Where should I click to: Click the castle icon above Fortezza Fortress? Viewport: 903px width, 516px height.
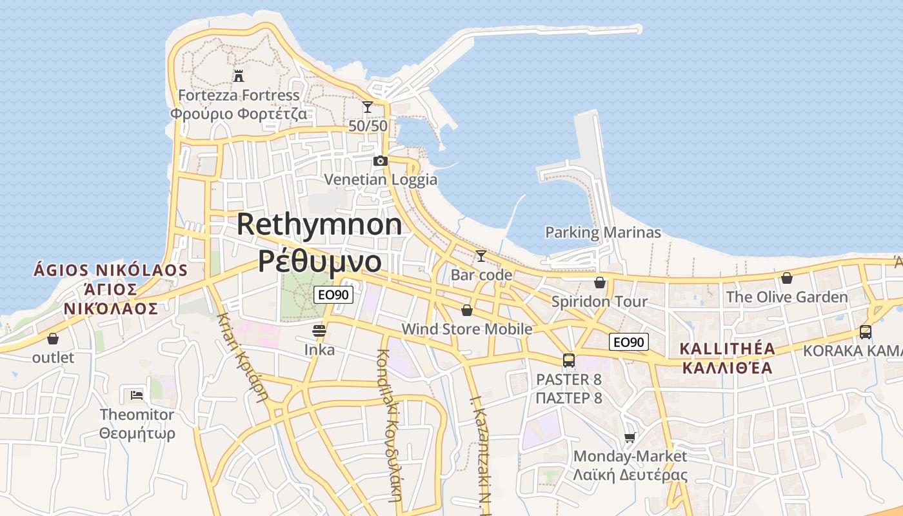[x=239, y=76]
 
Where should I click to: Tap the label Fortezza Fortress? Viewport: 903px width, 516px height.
[x=239, y=95]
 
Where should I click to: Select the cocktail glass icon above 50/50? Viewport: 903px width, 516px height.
[x=368, y=107]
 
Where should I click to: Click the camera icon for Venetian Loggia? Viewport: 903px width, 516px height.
[x=381, y=161]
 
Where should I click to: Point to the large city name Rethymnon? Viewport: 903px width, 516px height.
[x=319, y=224]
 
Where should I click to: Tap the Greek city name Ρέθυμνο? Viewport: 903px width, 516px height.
[x=320, y=260]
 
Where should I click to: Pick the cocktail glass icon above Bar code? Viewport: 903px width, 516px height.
[x=481, y=256]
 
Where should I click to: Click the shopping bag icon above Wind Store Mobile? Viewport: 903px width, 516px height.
[x=467, y=310]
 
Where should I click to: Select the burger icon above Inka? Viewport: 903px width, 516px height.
[x=319, y=331]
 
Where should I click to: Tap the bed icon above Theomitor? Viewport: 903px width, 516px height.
[x=137, y=394]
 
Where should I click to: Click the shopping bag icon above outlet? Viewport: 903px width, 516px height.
[x=53, y=338]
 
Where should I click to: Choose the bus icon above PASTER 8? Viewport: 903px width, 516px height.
[x=568, y=361]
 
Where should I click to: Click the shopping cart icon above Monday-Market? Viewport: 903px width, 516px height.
[x=630, y=437]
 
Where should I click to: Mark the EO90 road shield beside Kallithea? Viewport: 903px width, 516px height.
[x=629, y=342]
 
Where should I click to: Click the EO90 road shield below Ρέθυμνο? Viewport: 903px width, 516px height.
[x=333, y=295]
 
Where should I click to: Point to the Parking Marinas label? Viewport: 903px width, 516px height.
[x=603, y=232]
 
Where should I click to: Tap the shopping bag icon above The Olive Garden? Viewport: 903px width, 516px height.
[x=787, y=278]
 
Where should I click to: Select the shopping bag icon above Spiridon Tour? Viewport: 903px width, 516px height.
[x=600, y=283]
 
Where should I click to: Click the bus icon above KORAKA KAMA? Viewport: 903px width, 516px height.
[x=866, y=332]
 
